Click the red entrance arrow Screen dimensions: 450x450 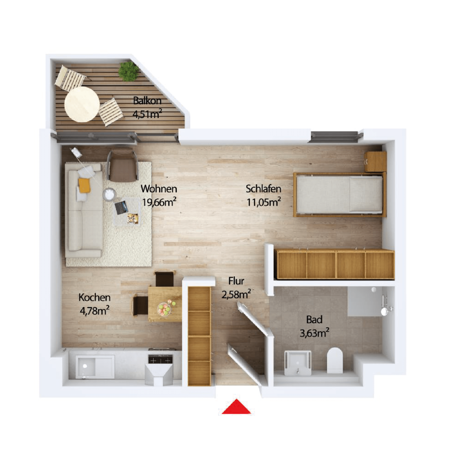pos(236,407)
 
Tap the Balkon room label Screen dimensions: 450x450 pos(147,101)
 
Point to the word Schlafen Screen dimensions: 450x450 pos(263,189)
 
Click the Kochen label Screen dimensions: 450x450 pos(94,297)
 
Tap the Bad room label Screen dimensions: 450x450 pos(314,320)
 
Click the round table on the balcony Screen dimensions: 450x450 pos(82,104)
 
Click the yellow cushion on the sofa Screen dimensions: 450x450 pos(84,185)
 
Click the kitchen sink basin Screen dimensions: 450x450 pos(86,366)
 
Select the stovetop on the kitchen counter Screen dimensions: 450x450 pos(161,359)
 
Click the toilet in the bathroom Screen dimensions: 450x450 pos(335,360)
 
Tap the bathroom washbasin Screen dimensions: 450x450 pos(298,363)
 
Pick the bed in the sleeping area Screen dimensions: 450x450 pos(340,194)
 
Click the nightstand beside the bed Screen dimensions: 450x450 pos(376,161)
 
